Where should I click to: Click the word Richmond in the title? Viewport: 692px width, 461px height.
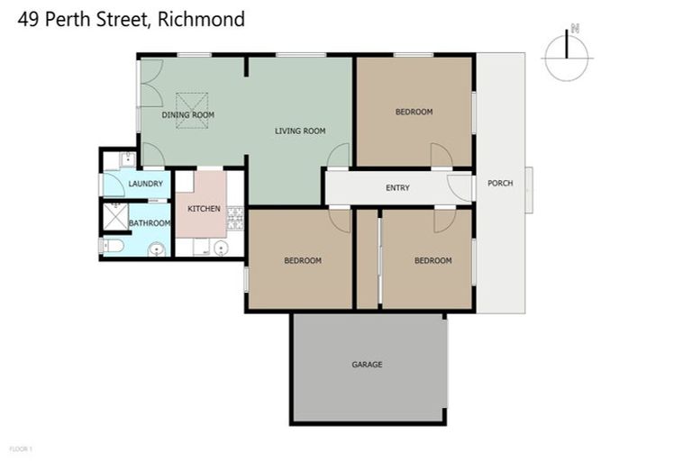pos(201,19)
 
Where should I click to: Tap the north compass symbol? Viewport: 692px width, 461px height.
pos(566,54)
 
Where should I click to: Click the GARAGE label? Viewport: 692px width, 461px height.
pos(367,365)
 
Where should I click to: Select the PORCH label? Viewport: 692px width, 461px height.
pos(500,184)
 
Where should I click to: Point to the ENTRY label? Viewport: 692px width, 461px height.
pos(397,188)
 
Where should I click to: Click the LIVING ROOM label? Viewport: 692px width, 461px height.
pos(300,131)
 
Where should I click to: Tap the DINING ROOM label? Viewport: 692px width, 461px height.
pos(188,115)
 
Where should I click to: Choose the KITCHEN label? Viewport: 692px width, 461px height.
pos(204,209)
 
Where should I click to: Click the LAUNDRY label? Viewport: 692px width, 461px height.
pos(145,185)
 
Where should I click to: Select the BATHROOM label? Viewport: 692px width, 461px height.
pos(149,223)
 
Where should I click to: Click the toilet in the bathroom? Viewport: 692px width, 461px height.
pos(112,245)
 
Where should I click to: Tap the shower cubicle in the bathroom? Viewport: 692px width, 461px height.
pos(115,216)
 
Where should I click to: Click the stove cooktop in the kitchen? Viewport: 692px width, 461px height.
pos(235,216)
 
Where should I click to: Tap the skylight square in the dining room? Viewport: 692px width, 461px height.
pos(191,110)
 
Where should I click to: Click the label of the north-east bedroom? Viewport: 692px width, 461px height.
pos(414,112)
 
